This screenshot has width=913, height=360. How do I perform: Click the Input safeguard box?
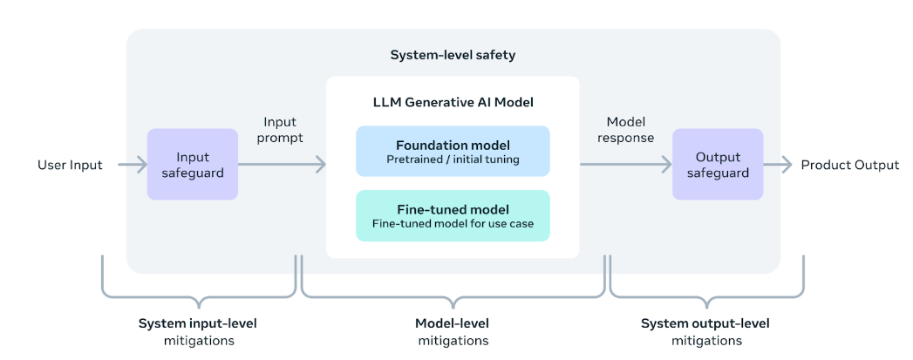point(192,165)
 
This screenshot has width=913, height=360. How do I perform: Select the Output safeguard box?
point(718,165)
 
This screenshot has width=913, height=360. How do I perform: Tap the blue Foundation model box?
point(453,151)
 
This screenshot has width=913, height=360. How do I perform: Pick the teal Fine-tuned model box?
point(453,215)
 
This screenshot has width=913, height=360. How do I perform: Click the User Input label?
point(70,165)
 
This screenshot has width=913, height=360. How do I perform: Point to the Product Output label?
point(850,165)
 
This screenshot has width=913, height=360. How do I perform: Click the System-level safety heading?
point(453,56)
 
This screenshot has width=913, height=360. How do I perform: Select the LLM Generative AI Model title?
point(453,102)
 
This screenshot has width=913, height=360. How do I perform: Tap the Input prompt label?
point(280,130)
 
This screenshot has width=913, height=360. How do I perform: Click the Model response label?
point(626,130)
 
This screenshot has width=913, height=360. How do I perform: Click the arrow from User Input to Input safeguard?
point(133,165)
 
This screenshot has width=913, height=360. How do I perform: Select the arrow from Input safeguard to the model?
point(282,165)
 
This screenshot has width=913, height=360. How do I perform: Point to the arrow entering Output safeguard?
point(626,165)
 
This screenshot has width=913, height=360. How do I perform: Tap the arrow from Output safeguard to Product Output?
point(778,165)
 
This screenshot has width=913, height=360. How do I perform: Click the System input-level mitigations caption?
point(197,331)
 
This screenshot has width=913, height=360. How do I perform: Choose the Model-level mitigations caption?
point(453,331)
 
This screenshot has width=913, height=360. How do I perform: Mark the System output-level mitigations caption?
point(705,331)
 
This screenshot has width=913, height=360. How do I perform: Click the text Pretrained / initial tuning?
point(453,159)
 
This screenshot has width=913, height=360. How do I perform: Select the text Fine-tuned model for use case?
point(453,223)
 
